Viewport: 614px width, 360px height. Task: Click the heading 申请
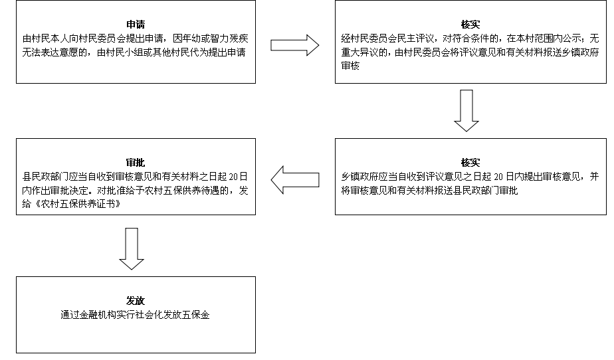coord(136,25)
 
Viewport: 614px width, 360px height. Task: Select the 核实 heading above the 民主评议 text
coord(470,25)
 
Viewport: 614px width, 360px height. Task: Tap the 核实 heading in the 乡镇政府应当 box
coord(470,163)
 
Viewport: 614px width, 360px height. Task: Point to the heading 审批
coord(136,163)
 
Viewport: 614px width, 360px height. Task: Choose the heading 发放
coord(136,301)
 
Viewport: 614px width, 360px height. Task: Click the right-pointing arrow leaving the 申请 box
coord(295,45)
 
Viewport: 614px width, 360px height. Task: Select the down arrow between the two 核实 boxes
coord(466,111)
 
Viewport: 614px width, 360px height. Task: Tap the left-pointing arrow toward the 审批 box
coord(295,179)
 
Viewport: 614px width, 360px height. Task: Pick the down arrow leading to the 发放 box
coord(132,249)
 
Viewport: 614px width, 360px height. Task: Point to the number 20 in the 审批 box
coord(233,177)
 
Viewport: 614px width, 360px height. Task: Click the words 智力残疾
coord(229,39)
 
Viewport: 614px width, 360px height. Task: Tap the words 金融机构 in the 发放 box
coord(98,315)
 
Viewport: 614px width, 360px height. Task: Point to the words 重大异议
coord(360,52)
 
